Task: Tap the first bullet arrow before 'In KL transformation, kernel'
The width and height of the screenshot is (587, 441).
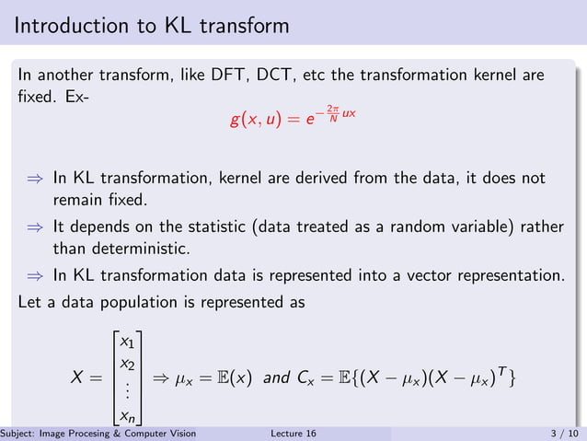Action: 34,178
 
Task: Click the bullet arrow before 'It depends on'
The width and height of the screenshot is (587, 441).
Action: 34,226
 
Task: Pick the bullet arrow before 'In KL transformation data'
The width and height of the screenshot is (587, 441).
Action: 34,274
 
